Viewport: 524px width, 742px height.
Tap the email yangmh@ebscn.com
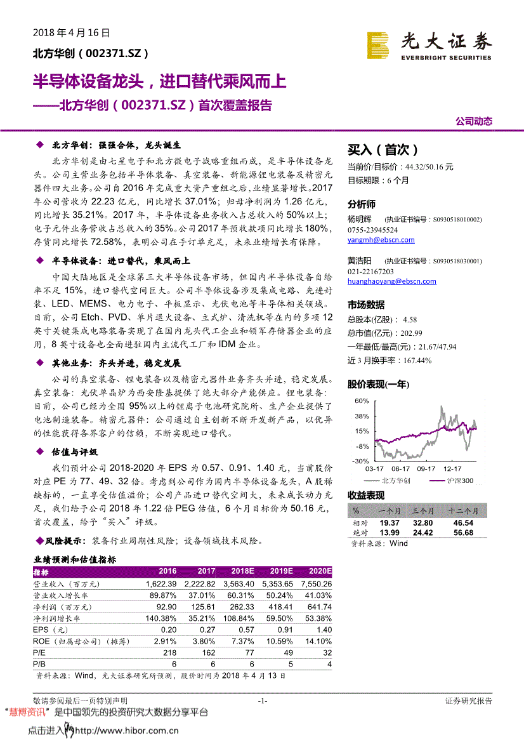(x=381, y=240)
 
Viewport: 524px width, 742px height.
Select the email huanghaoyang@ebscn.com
(x=391, y=281)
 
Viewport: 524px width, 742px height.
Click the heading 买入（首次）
(x=383, y=150)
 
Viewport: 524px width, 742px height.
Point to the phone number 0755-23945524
(x=373, y=230)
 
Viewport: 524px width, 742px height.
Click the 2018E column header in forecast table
(x=242, y=571)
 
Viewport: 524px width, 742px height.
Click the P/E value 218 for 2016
(x=169, y=653)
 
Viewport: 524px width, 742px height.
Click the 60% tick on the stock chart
(x=362, y=401)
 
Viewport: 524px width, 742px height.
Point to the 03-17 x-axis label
(x=375, y=468)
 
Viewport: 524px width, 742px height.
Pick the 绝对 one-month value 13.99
(x=390, y=533)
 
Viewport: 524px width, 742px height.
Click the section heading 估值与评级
(x=75, y=452)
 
